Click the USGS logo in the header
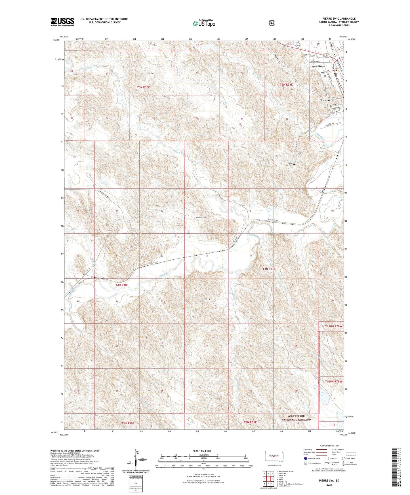tap(62, 22)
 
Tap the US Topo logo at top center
tap(203, 23)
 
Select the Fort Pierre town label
tap(318, 66)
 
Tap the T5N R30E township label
tap(143, 88)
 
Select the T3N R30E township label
tap(128, 423)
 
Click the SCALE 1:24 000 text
tap(202, 451)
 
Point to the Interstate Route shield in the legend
tap(305, 458)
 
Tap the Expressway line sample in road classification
tap(322, 449)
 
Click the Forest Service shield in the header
tap(272, 23)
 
